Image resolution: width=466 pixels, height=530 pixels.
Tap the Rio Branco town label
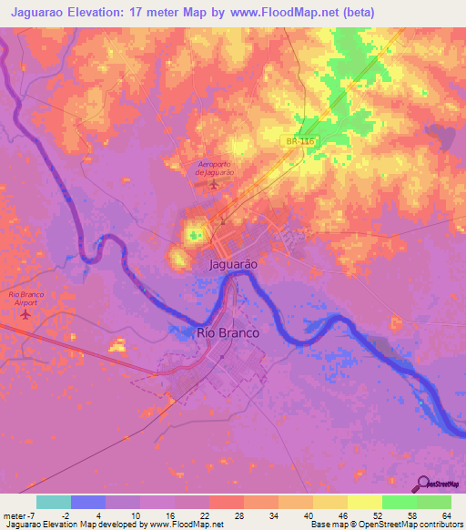coord(228,333)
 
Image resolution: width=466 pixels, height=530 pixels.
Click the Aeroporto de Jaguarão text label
coord(216,167)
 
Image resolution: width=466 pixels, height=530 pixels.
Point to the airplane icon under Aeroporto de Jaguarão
coord(215,186)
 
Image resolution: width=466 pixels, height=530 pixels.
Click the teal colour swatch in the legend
coord(54,501)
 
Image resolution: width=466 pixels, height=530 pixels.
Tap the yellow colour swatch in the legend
coord(364,501)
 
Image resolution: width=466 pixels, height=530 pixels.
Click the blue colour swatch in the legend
coord(88,501)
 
